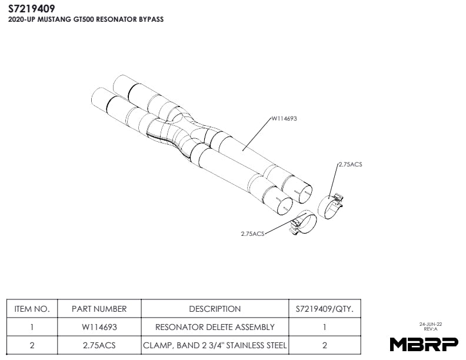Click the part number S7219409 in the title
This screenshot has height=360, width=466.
tap(32, 8)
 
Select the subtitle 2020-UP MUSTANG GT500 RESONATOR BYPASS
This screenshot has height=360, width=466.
tap(85, 19)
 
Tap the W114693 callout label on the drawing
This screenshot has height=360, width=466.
tap(284, 118)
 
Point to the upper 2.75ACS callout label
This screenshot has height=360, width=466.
tap(350, 164)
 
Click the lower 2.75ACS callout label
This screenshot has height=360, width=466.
tap(253, 234)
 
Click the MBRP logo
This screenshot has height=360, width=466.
tap(424, 345)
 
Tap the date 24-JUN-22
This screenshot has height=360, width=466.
tap(431, 324)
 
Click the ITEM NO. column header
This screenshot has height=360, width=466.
tap(32, 309)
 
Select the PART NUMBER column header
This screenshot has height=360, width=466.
tap(99, 309)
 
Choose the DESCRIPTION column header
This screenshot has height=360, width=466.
tap(215, 309)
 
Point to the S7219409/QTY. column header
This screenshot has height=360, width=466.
tap(324, 309)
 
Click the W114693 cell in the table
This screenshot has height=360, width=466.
tap(99, 327)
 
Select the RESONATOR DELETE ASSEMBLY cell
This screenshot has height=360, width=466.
tap(215, 327)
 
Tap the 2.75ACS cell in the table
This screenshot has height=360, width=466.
tap(99, 346)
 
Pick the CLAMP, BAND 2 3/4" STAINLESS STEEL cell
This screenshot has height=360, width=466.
tap(215, 346)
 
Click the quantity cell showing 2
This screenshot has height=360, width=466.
tap(324, 346)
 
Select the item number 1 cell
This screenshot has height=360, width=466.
tap(32, 327)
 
